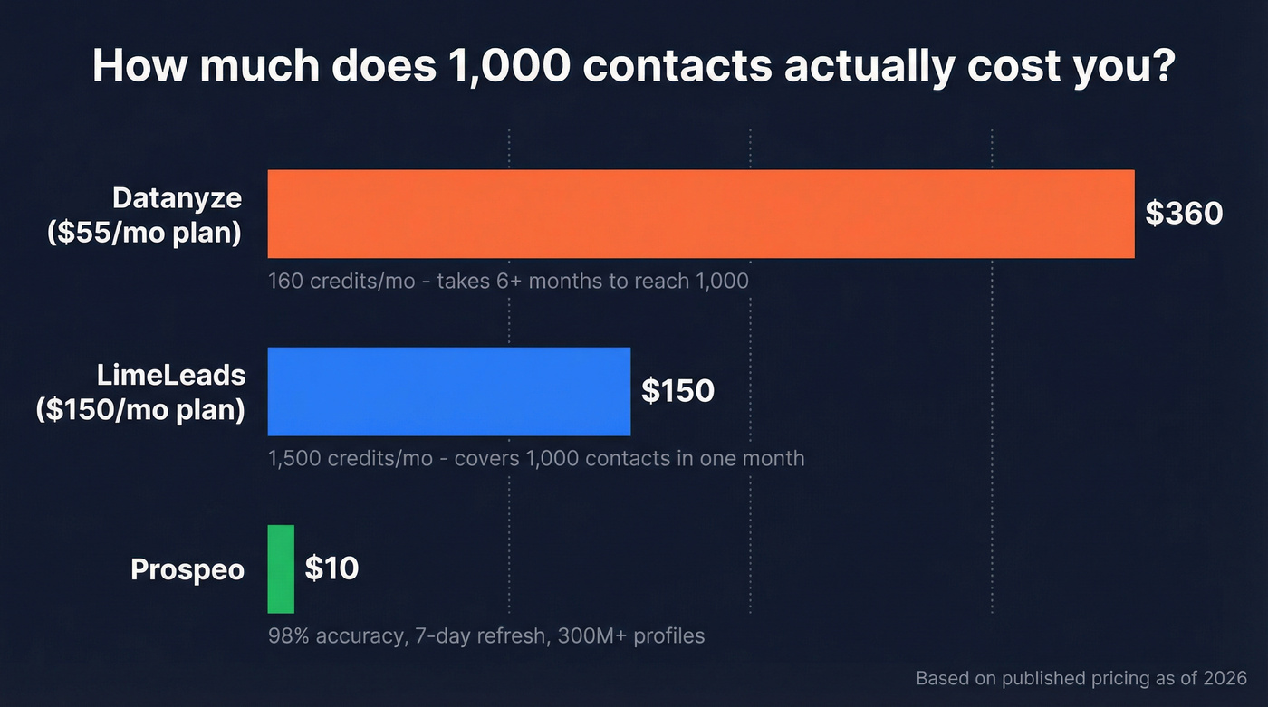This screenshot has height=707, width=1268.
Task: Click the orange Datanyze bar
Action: tap(700, 214)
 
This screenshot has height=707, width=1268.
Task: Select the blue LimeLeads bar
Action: tap(448, 391)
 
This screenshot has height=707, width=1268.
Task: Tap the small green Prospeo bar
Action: tap(281, 568)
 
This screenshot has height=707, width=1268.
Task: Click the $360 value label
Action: tap(1184, 214)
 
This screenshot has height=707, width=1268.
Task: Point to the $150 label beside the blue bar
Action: tap(677, 391)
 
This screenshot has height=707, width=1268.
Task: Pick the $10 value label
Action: tap(331, 568)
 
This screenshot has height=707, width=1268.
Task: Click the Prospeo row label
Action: tap(187, 569)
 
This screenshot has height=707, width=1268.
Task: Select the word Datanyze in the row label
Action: tap(178, 197)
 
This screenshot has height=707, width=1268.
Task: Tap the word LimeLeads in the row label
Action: tap(172, 375)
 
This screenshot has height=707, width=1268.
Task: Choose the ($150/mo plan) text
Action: tap(140, 409)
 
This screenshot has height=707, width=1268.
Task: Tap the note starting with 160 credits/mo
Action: tap(508, 281)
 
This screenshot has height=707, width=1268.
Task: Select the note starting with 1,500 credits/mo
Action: tap(536, 458)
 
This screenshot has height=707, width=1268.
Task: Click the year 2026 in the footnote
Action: tap(1227, 678)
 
